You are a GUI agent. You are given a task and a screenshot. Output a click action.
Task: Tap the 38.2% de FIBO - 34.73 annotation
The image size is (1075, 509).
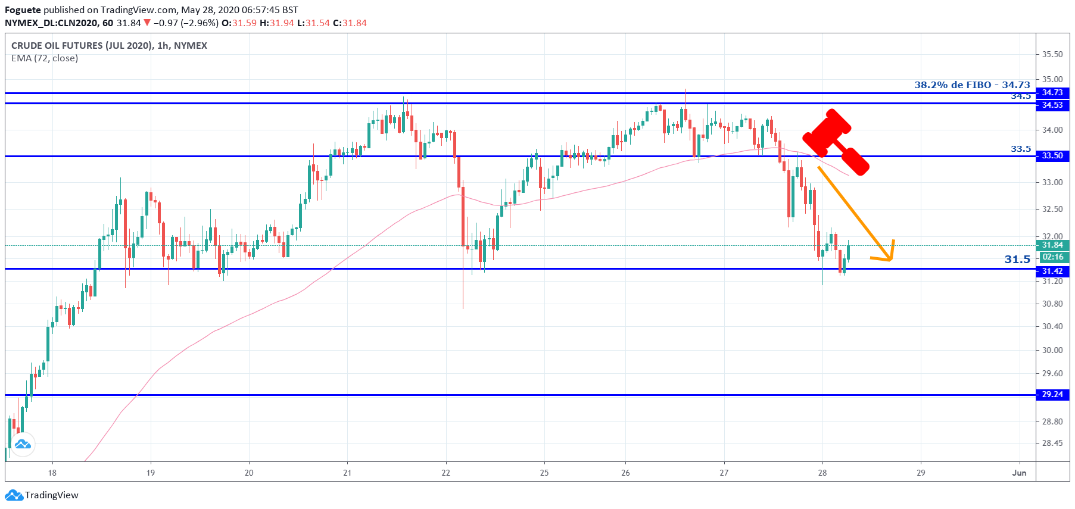pos(972,85)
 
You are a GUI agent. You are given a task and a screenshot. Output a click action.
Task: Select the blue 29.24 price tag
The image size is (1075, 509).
pos(1052,395)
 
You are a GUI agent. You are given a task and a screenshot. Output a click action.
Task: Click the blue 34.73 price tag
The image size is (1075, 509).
pos(1052,93)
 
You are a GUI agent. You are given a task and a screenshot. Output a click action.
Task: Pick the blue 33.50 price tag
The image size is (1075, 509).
pos(1052,156)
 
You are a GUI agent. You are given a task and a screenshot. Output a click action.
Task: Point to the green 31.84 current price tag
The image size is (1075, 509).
pos(1052,245)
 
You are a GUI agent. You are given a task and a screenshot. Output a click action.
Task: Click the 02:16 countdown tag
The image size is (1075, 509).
pos(1052,257)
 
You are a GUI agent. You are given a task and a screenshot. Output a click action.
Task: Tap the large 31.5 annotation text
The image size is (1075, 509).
pos(1017,260)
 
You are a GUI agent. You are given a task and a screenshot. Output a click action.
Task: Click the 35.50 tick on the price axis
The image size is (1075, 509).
pos(1052,54)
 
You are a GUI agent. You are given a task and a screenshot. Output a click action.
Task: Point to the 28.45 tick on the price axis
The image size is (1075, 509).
pos(1052,443)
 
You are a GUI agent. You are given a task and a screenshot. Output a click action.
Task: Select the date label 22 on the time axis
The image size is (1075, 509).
pos(446,473)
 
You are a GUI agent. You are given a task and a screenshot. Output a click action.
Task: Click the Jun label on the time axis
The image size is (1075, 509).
pos(1019,473)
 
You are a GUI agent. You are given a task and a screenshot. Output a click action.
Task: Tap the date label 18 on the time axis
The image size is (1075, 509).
pos(52,473)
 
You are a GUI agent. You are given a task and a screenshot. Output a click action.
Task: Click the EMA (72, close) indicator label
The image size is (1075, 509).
pos(45,58)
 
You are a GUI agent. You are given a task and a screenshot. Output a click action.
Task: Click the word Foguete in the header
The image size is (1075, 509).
pos(23,10)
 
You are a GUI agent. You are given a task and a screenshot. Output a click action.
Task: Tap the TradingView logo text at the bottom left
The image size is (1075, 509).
pos(51,495)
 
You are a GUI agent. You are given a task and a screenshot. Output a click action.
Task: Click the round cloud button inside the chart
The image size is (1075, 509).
pos(23,444)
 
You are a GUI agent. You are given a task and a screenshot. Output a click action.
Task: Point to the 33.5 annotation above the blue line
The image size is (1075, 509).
pos(1021,149)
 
